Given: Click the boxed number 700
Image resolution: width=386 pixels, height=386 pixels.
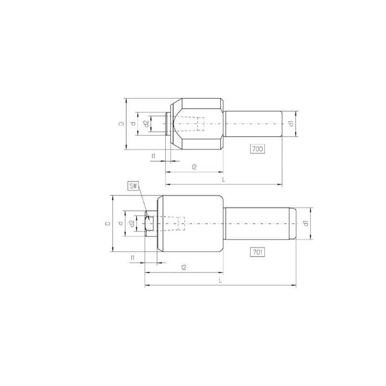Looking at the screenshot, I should [x=258, y=149].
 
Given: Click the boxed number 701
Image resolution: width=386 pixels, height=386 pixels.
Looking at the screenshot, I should [x=258, y=251].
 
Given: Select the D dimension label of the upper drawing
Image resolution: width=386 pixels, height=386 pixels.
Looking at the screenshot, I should [x=122, y=124].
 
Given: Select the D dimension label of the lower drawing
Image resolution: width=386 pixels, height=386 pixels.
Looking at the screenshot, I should [x=108, y=223].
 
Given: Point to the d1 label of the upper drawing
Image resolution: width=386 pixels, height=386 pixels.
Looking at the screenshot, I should [x=291, y=124].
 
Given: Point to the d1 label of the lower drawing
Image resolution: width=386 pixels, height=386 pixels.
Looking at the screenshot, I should [x=305, y=223].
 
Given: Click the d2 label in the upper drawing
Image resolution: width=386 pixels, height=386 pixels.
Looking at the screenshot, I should [x=146, y=124].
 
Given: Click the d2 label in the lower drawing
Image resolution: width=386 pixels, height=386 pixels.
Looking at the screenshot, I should [x=131, y=223].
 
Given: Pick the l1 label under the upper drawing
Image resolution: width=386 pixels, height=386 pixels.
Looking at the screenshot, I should [x=153, y=156].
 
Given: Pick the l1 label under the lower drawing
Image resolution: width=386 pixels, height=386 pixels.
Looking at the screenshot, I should [x=132, y=258].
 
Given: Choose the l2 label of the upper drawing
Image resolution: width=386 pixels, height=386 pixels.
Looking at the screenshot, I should [x=194, y=167].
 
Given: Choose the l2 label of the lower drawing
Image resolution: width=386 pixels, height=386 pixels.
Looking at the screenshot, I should [x=184, y=267].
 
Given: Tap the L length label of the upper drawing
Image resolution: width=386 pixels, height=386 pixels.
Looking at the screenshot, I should [x=223, y=179].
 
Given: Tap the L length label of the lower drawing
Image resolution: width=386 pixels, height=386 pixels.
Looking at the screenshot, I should [x=220, y=280].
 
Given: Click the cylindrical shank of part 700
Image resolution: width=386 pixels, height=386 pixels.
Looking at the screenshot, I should [x=253, y=124].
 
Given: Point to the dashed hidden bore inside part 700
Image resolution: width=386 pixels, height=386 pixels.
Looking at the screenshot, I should [x=201, y=124].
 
